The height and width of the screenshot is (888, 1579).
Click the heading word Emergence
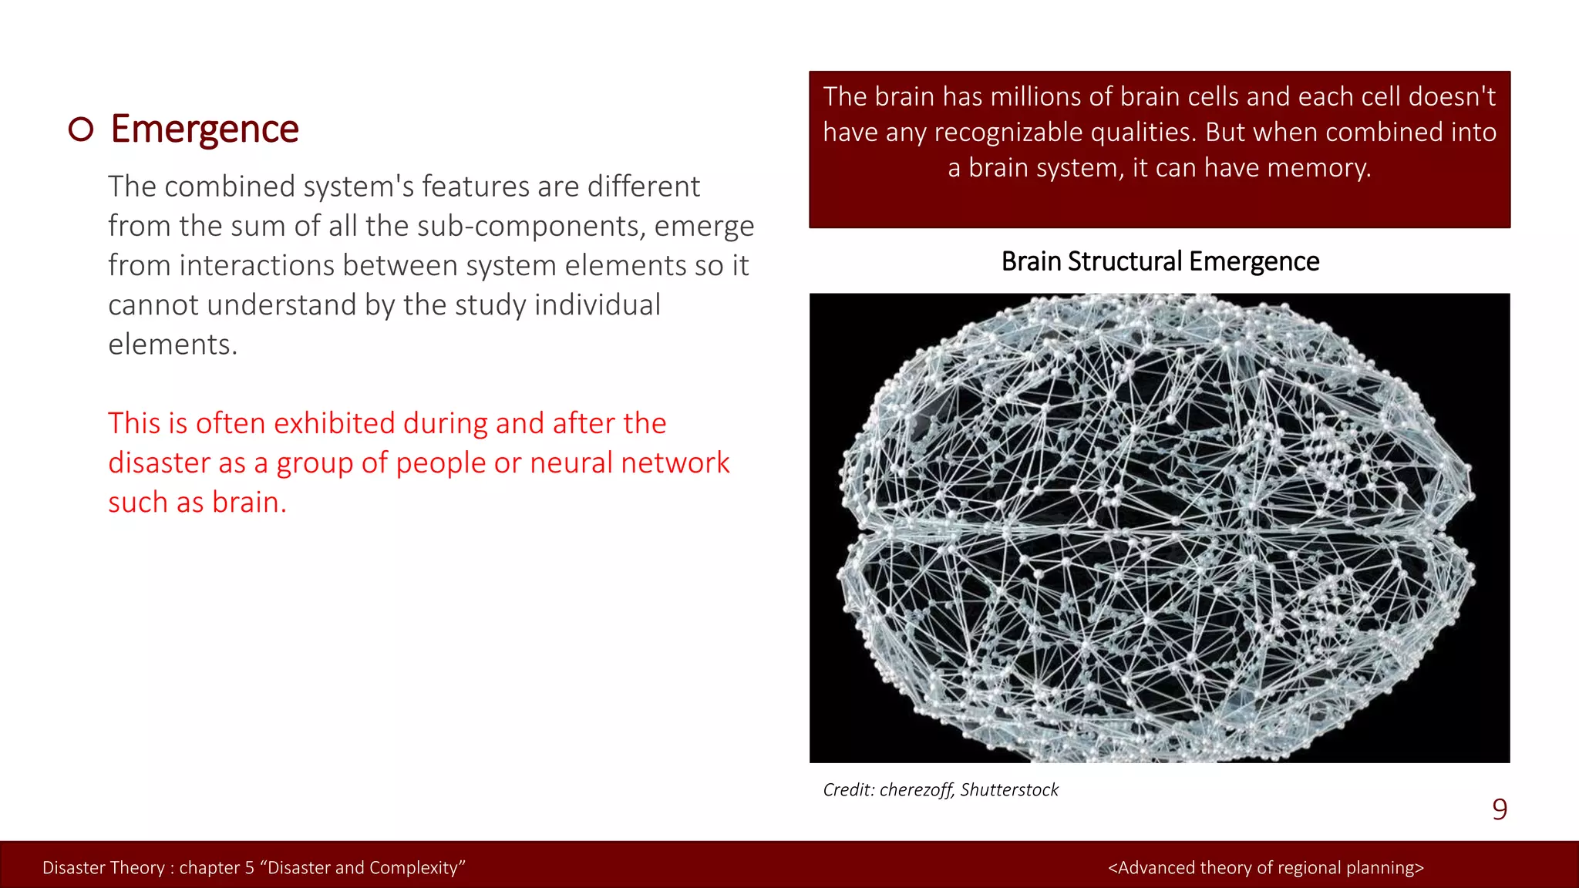[x=204, y=129]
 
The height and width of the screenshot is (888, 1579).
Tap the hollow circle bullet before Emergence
[x=81, y=129]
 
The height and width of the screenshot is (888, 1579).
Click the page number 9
[x=1499, y=809]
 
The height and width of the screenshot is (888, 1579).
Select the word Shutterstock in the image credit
[x=1009, y=790]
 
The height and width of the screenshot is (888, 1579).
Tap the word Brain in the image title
[x=1031, y=262]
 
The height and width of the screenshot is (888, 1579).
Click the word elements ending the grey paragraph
[x=170, y=345]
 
